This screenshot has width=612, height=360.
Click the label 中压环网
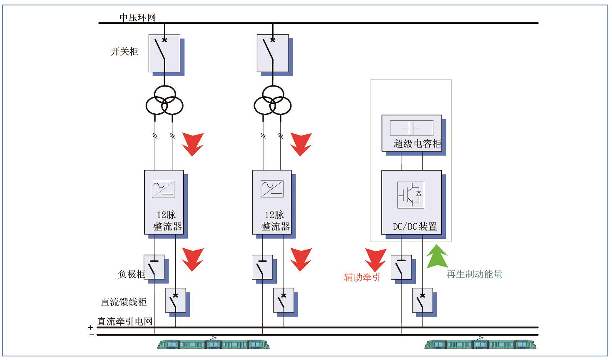tap(137, 17)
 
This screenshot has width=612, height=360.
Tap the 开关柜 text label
tap(124, 52)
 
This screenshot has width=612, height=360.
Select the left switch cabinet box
tap(164, 53)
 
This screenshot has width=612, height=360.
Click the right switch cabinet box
tap(273, 53)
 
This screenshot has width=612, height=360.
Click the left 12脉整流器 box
tap(164, 202)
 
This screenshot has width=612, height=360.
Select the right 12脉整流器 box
tap(272, 202)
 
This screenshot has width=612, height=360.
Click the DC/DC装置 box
tap(412, 202)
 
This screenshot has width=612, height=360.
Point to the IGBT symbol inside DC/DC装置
tap(411, 195)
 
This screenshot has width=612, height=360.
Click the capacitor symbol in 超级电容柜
tap(411, 128)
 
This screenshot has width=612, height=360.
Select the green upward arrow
tap(437, 256)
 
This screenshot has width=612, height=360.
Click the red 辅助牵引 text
tap(362, 277)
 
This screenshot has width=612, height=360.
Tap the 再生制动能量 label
tap(475, 274)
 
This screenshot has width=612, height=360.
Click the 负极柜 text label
tap(131, 274)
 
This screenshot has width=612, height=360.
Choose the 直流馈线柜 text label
tap(124, 302)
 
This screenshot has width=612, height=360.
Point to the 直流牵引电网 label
tap(125, 321)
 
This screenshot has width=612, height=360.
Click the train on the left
tap(213, 344)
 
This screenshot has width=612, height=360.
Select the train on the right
tap(480, 344)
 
